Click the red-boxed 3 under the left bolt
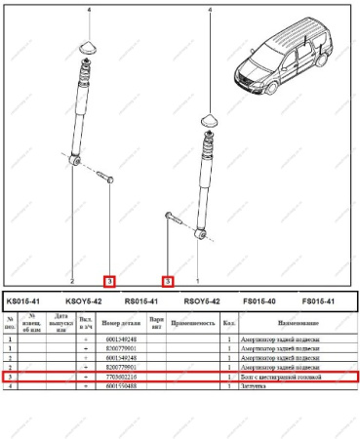tap(110, 281)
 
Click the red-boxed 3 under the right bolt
tap(169, 281)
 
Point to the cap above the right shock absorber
tap(209, 118)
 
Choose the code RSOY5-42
tap(201, 301)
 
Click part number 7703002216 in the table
tap(123, 376)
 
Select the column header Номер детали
tap(123, 321)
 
